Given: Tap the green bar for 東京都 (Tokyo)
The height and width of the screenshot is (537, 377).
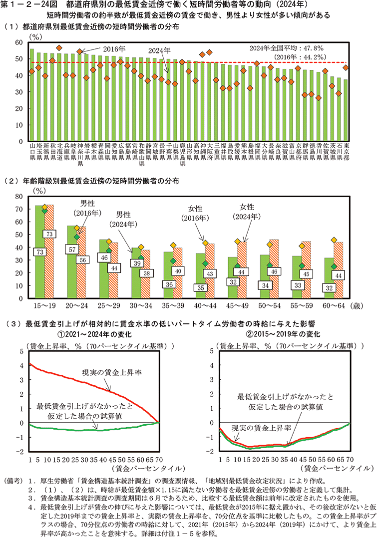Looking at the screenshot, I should tap(346, 110).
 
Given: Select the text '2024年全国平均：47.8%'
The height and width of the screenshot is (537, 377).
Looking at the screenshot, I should tap(287, 48).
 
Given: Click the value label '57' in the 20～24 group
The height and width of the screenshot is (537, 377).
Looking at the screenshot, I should tap(71, 249).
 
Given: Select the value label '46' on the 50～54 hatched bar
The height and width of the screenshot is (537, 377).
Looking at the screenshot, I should tap(274, 271).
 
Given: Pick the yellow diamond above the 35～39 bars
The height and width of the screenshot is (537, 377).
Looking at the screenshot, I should tap(173, 245).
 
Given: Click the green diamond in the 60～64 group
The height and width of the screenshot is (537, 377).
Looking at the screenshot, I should tap(334, 267).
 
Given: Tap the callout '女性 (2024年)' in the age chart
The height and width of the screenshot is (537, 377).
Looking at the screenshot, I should tap(247, 212).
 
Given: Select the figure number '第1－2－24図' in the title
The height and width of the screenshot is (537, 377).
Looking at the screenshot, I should tap(29, 5).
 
